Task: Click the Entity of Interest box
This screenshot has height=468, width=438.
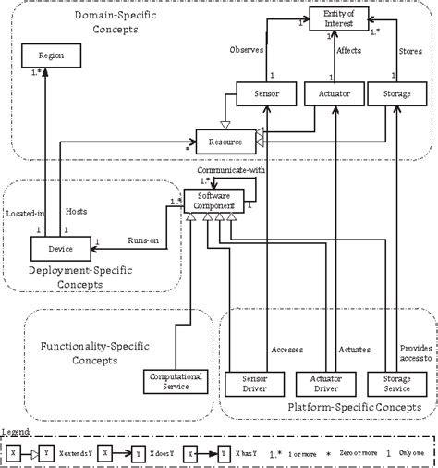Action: coord(338,18)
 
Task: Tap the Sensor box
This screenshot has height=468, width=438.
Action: coord(265,93)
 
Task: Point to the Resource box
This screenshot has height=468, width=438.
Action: coord(225,143)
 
